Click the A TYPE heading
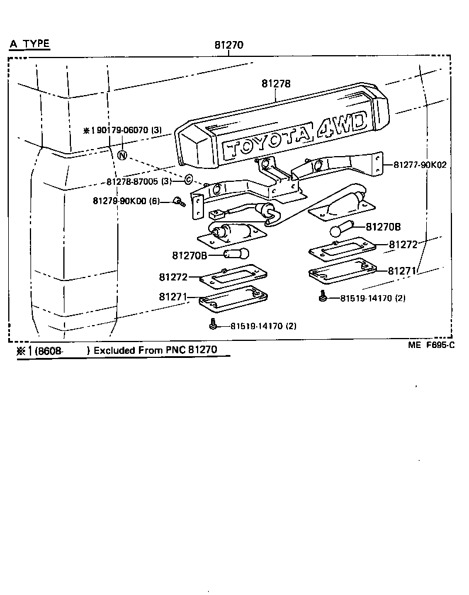click(30, 44)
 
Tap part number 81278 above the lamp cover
click(276, 84)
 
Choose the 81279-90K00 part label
click(126, 201)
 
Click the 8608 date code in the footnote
click(50, 351)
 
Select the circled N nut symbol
click(122, 155)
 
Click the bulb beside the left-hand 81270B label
click(237, 254)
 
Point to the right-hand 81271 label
click(402, 271)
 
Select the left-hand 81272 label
click(172, 276)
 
